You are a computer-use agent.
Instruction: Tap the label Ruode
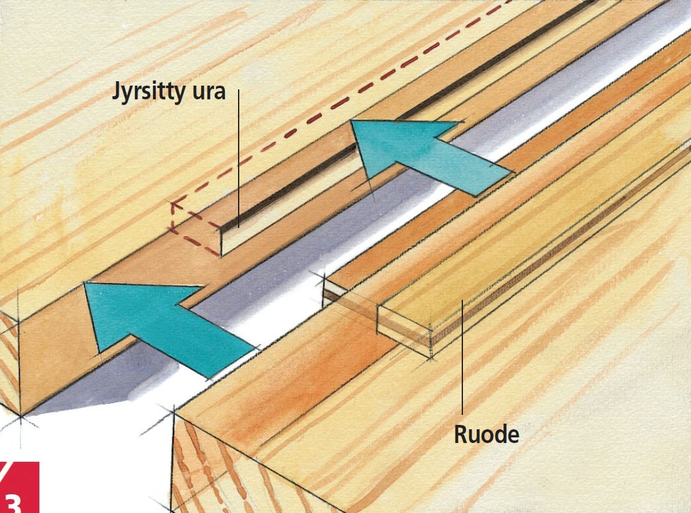[486, 434]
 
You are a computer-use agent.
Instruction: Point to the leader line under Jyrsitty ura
[238, 156]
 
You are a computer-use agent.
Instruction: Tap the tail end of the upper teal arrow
[494, 181]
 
